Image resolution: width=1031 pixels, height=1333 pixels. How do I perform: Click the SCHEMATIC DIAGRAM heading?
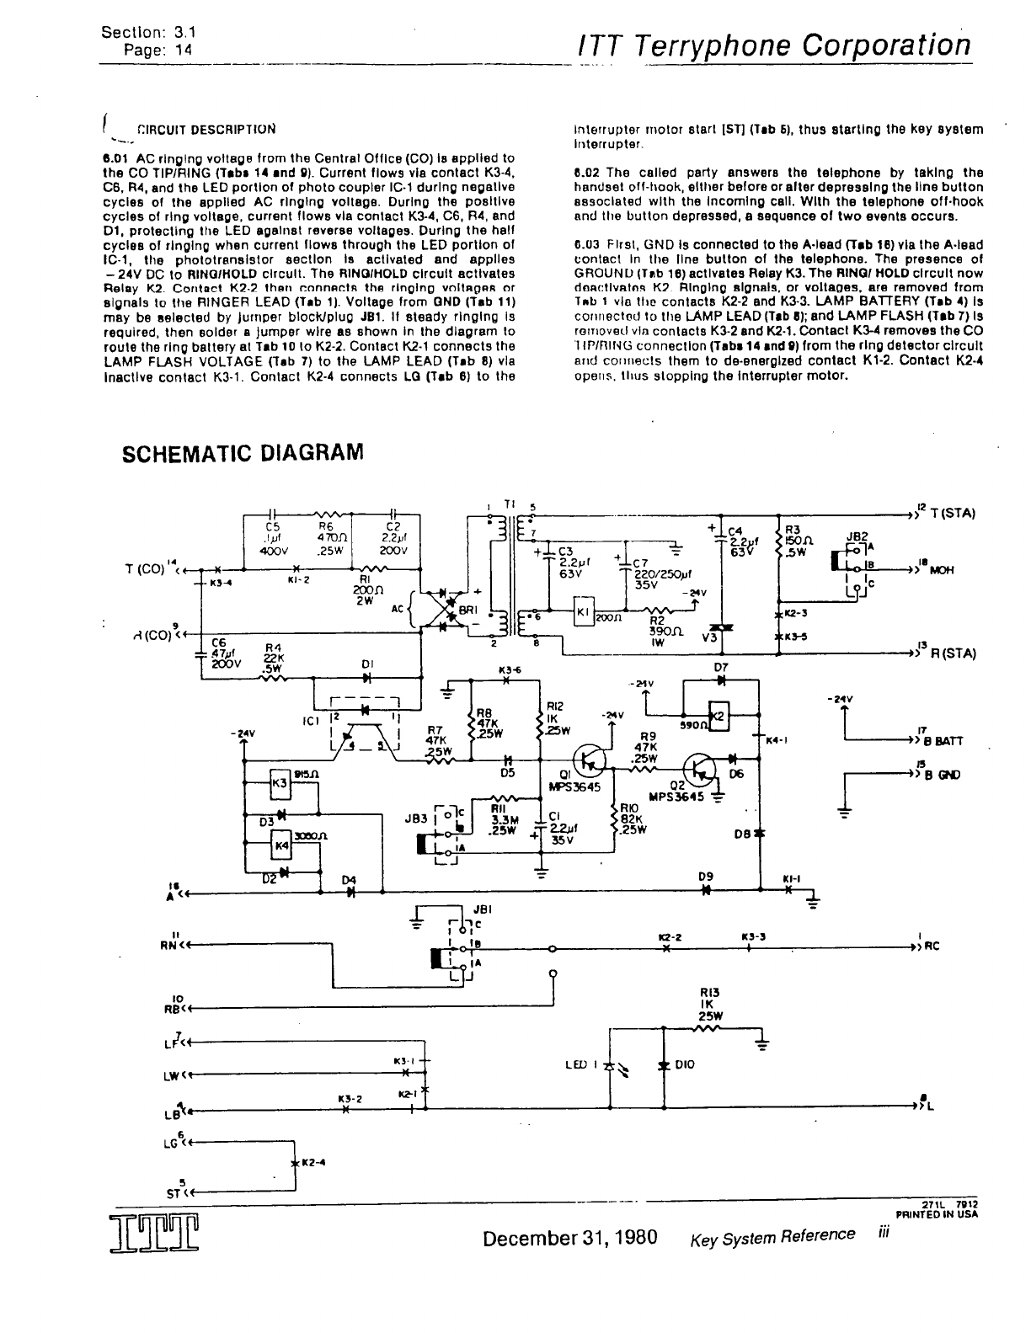pos(243,453)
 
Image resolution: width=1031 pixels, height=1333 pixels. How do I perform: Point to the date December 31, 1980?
pos(570,1238)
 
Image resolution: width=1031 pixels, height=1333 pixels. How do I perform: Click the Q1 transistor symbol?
pos(590,759)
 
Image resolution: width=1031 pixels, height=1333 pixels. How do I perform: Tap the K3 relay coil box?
pos(279,782)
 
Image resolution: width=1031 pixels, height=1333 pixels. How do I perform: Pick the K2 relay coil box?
pos(718,717)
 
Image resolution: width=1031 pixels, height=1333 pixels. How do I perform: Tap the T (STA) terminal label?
pos(953,513)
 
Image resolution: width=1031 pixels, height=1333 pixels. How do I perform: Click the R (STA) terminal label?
pos(953,653)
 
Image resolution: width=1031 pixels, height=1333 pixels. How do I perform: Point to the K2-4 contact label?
pos(313,1163)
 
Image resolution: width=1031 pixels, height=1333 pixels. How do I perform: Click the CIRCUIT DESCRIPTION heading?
pos(206,130)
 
